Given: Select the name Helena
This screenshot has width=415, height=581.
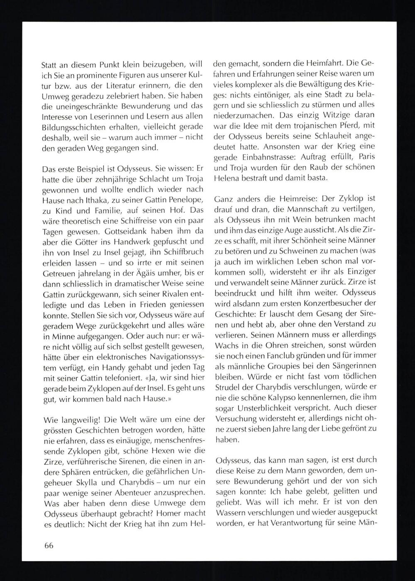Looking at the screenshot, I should click(228, 178).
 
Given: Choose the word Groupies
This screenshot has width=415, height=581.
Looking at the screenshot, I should click(290, 366).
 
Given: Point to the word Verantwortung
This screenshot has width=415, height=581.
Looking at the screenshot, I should click(298, 522).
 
